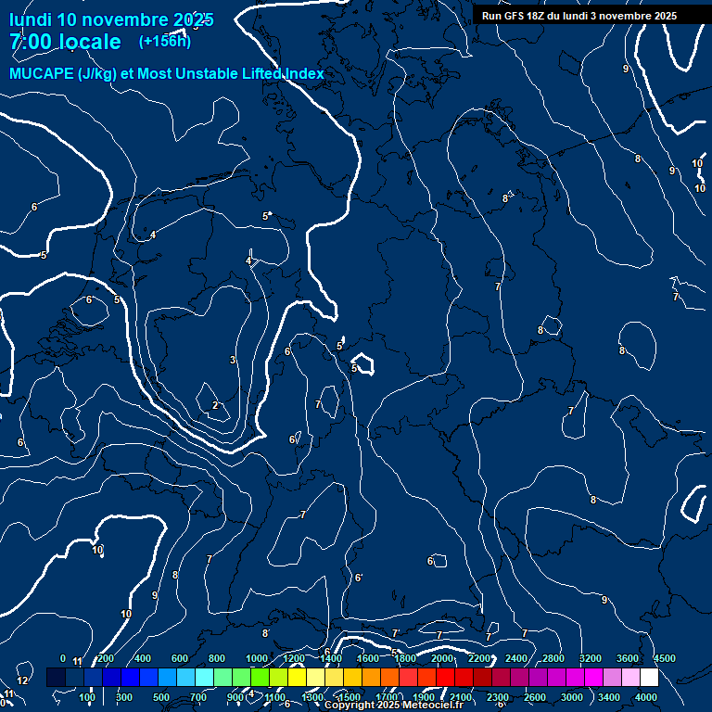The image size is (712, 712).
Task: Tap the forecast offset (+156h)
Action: click(165, 41)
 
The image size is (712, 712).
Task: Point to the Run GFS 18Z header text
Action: click(520, 16)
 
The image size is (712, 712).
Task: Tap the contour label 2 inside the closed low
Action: click(215, 405)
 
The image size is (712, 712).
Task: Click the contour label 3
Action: click(233, 360)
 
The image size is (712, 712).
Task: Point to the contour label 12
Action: click(22, 680)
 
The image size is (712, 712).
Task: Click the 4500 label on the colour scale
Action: click(664, 658)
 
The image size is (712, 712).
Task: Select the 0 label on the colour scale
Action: click(63, 658)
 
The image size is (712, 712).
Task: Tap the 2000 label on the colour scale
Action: click(442, 658)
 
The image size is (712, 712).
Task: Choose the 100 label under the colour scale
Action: click(87, 697)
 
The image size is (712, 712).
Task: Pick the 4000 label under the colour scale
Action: click(646, 697)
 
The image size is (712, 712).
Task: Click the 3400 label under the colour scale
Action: click(609, 697)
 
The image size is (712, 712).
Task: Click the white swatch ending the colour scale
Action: click(649, 678)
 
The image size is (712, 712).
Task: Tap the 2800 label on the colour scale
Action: click(553, 658)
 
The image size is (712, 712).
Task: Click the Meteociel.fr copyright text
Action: click(399, 706)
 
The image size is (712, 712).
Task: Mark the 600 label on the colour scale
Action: click(180, 658)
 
